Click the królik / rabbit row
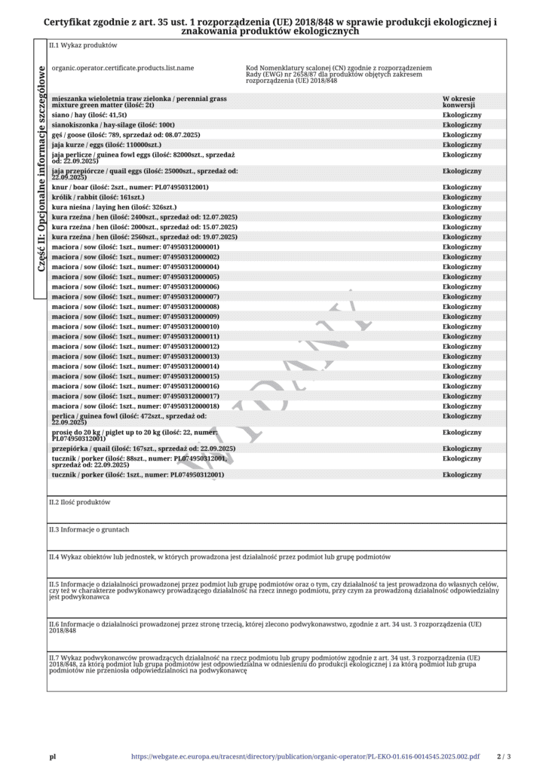(x=98, y=197)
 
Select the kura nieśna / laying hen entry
(x=114, y=207)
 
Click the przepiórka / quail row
(x=143, y=449)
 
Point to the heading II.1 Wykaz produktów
(x=83, y=45)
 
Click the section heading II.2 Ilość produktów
(x=80, y=501)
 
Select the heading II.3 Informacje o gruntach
(x=89, y=529)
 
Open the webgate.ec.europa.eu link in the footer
(x=305, y=756)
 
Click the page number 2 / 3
(x=504, y=756)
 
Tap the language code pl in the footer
(x=53, y=756)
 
